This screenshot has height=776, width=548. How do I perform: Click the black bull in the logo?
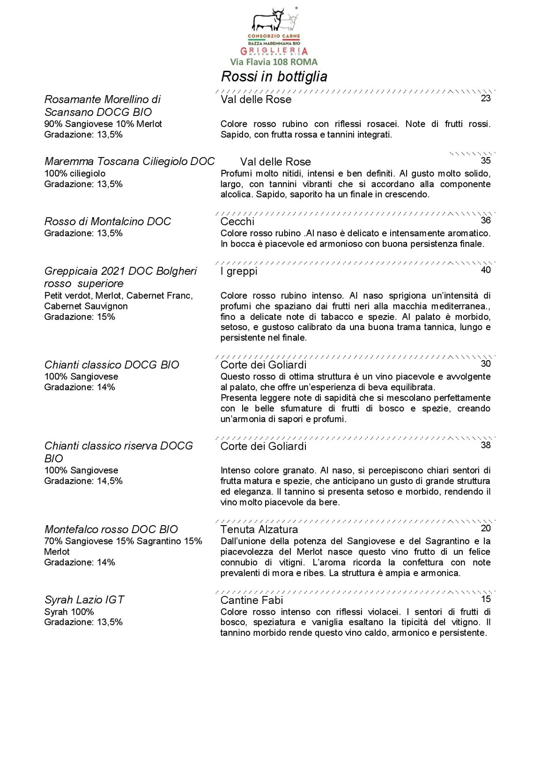(267, 20)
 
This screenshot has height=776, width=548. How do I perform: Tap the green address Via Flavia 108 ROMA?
(274, 62)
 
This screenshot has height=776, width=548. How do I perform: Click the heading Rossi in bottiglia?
(274, 76)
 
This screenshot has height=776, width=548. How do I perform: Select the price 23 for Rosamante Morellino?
(486, 98)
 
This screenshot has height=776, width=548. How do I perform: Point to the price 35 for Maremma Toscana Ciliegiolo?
(486, 160)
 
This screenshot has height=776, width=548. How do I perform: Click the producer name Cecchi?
(237, 221)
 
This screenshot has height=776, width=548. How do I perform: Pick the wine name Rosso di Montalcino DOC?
(107, 221)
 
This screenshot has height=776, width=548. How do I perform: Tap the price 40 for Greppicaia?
(486, 270)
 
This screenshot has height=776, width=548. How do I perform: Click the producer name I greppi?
(239, 271)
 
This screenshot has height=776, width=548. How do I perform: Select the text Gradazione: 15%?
(80, 316)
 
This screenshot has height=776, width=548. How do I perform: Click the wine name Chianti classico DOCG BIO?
(111, 365)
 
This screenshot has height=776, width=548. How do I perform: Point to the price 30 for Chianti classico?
(486, 363)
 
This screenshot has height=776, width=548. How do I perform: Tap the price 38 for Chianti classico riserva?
(486, 445)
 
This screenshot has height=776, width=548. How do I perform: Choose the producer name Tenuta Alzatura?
(259, 529)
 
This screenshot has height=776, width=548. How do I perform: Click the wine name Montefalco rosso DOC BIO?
(111, 529)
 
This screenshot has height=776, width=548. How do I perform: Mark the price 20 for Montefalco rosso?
(486, 528)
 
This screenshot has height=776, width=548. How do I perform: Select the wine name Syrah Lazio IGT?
(84, 600)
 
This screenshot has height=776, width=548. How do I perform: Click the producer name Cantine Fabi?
(252, 600)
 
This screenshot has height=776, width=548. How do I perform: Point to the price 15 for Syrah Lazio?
(486, 599)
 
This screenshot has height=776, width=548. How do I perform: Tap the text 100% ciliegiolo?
(75, 173)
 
